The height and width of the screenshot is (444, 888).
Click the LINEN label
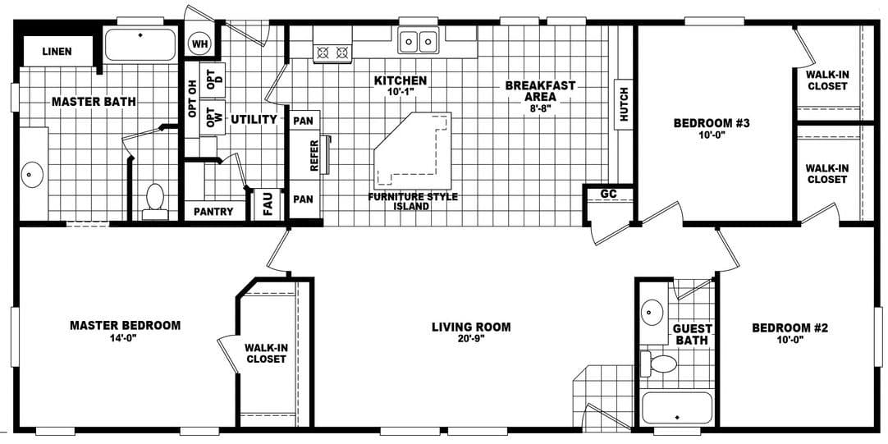pos(57,52)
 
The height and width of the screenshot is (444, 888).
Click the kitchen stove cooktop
pos(332,53)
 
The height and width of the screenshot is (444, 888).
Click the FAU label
pos(268,204)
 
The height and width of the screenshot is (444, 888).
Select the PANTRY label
pos(213,212)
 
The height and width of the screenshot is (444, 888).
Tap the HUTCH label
pos(624,105)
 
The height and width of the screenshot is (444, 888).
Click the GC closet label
pos(608,194)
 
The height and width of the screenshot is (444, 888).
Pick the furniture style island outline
pos(414,152)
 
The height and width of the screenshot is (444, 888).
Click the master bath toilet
pos(154,200)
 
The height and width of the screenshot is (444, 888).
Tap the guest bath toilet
pos(661,364)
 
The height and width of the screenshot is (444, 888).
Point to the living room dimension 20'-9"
pos(471,339)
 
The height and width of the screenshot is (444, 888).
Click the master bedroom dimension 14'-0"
pos(125,337)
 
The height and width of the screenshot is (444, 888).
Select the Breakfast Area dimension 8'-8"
pos(540,108)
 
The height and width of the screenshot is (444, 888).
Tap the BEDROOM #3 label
pos(712,124)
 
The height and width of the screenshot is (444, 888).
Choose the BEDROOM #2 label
pos(790,327)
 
